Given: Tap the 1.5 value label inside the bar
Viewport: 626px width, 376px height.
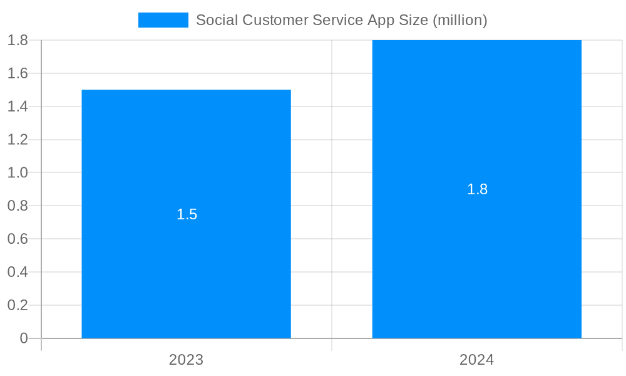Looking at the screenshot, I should pos(187,214).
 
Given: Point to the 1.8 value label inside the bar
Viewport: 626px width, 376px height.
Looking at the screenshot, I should pos(477,189).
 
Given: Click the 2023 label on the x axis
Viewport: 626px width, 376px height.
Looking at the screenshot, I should pos(186,360).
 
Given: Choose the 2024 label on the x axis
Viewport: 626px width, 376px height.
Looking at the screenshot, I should pos(476,360).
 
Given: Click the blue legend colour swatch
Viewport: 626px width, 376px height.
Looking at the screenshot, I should pos(163,20).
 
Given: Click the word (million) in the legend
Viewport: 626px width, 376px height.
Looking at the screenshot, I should pos(459,20).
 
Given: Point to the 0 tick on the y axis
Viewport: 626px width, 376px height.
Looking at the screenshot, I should pos(24,338).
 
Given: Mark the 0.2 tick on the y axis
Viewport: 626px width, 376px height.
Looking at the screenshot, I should pos(18,305).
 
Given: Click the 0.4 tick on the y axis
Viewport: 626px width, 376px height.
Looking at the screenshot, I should pos(18,272).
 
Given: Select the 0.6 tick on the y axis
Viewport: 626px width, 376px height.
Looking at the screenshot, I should pos(18,239).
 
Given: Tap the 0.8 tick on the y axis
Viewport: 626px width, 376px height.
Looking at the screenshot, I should pos(18,206).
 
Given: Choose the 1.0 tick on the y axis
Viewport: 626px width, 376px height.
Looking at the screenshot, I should pos(18,172).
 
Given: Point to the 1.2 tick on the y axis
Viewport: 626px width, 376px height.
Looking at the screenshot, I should pos(18,140).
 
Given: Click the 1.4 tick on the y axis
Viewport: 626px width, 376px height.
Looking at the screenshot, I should pos(18,107).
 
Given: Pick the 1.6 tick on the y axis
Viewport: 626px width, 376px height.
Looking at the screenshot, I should pos(18,73).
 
